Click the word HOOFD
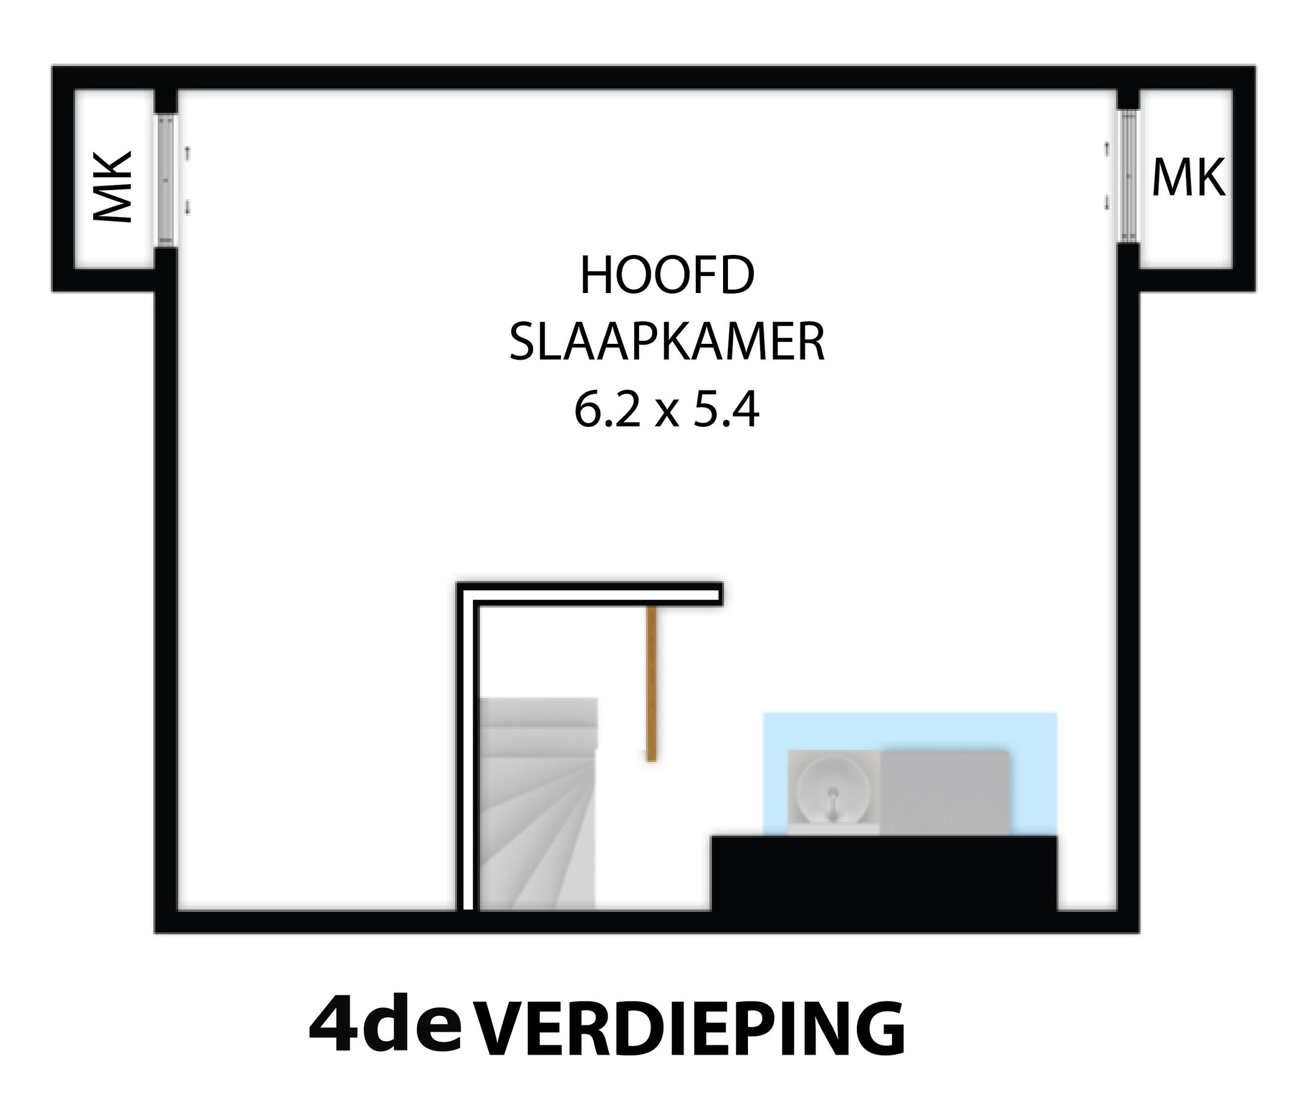[667, 277]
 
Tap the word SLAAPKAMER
[667, 343]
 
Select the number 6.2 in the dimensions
[606, 410]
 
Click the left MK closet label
[113, 187]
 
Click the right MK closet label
[1188, 178]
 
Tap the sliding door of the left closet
[166, 179]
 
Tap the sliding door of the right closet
[1128, 176]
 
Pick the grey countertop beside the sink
[945, 792]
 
